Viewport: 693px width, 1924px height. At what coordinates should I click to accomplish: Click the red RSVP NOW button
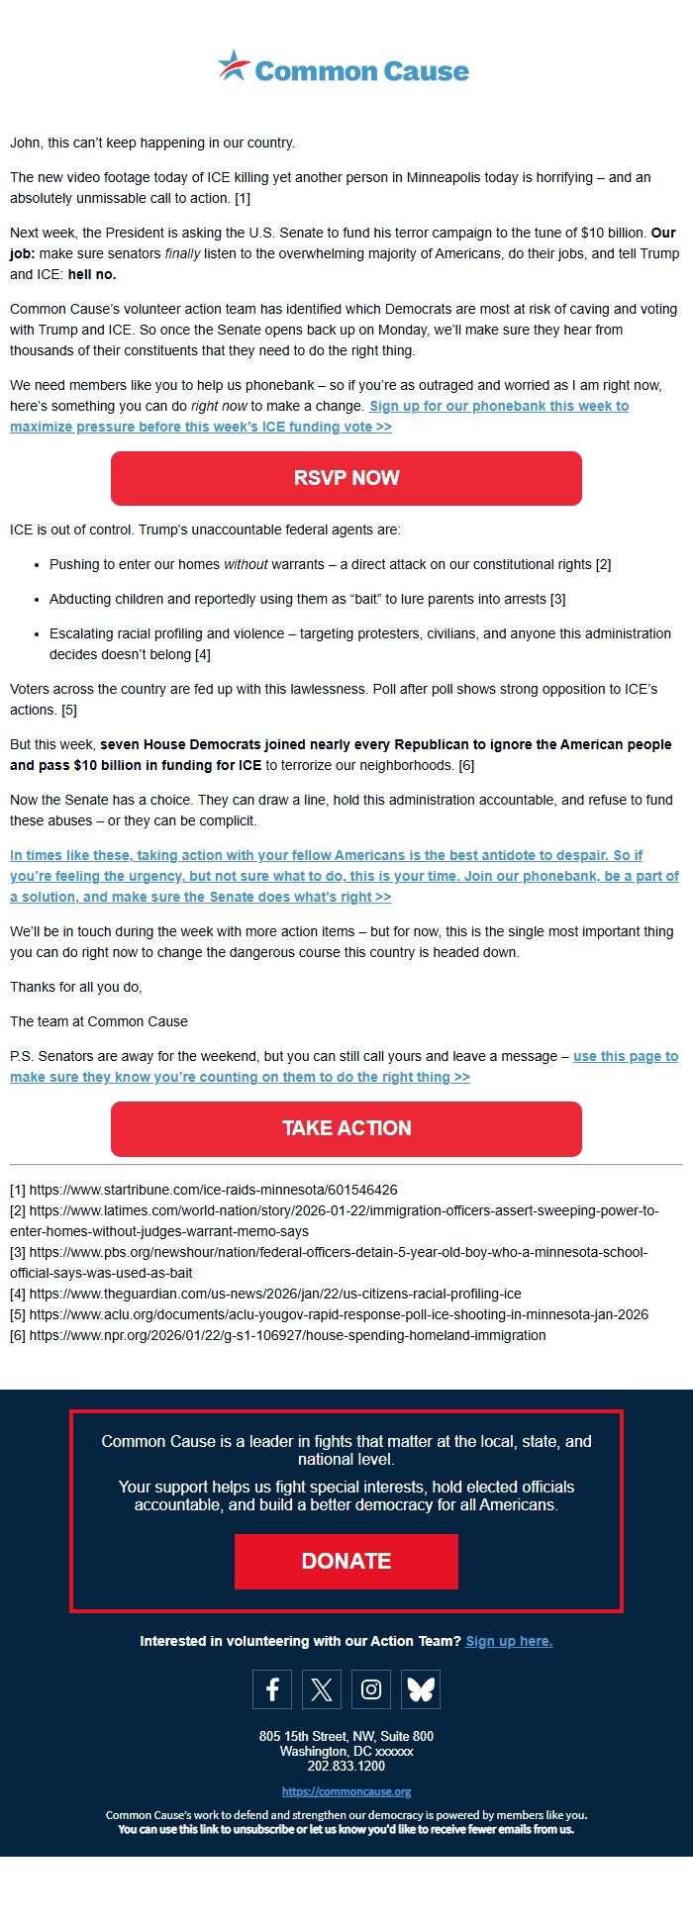click(x=346, y=478)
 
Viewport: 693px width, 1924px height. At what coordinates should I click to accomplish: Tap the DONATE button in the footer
click(x=346, y=1561)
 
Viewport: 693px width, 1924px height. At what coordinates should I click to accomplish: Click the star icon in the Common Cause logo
click(x=234, y=66)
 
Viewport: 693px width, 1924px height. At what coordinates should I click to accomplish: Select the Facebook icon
click(x=272, y=1688)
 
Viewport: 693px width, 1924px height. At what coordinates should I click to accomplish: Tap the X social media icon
click(x=322, y=1688)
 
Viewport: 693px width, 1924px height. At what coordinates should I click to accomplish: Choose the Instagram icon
click(x=371, y=1688)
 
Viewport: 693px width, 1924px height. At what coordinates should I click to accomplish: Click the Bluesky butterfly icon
click(x=421, y=1688)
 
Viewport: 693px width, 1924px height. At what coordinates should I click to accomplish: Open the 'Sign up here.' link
click(x=509, y=1641)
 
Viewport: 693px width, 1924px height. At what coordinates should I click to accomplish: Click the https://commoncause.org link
click(x=346, y=1791)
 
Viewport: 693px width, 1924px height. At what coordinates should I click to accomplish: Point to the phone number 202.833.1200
click(x=346, y=1766)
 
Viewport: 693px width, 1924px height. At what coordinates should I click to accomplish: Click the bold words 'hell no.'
click(x=92, y=274)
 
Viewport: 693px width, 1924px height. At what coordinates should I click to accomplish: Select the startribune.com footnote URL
click(x=213, y=1190)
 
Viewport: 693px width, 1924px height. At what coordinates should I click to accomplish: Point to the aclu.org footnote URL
click(x=339, y=1314)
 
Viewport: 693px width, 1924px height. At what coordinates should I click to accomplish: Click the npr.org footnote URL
click(x=287, y=1335)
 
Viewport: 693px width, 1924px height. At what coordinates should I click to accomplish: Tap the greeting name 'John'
click(x=24, y=143)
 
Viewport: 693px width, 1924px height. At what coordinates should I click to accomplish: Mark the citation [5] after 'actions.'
click(x=69, y=710)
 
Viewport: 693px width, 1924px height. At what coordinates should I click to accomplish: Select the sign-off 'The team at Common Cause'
click(x=99, y=1021)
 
